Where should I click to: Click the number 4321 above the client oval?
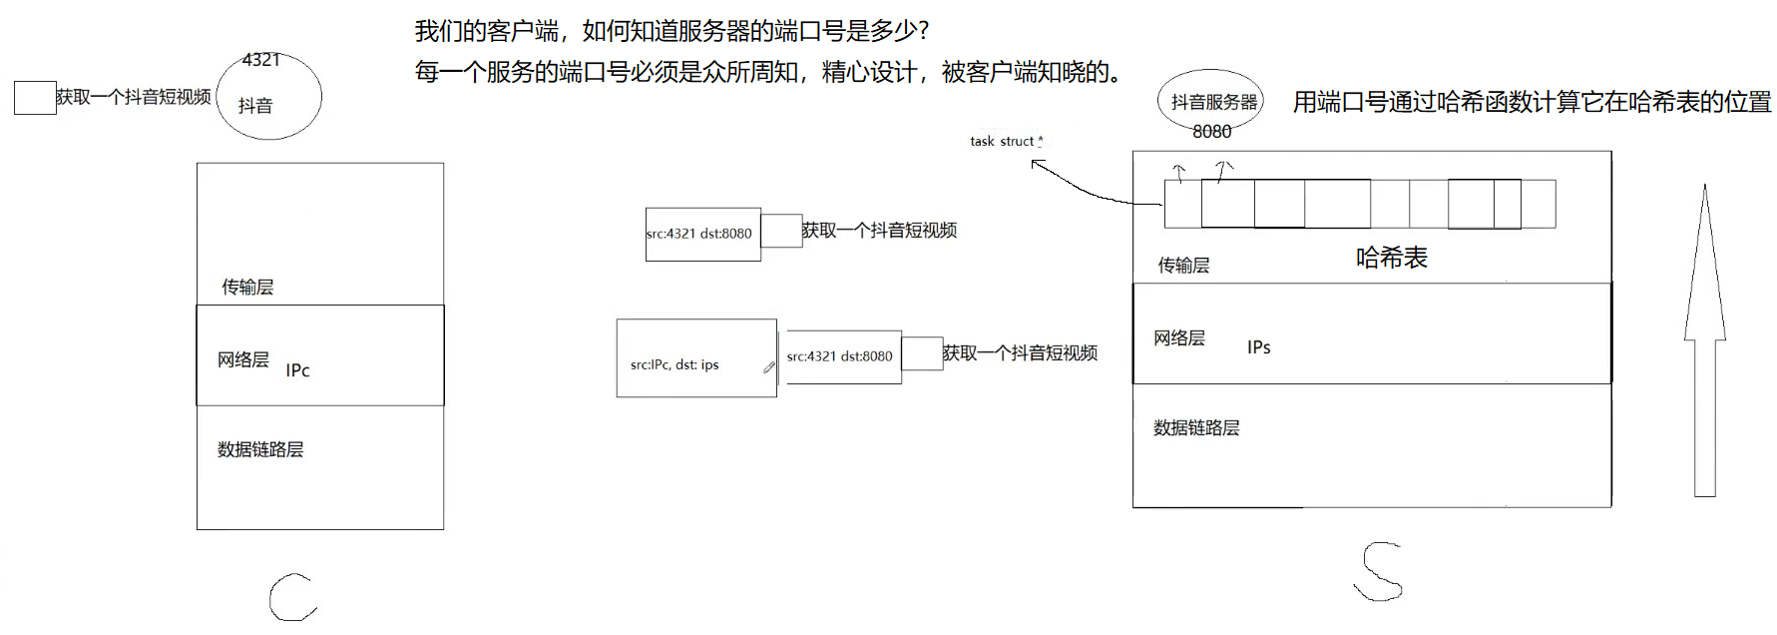261,60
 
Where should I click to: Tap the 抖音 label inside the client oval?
255,106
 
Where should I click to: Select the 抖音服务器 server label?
1214,102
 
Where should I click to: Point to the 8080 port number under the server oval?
1211,132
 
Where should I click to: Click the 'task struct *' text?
1006,142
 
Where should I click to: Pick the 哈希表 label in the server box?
1391,258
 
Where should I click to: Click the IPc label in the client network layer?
297,370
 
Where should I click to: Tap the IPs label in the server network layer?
1258,347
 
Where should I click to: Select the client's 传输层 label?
247,288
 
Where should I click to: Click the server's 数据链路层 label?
1196,428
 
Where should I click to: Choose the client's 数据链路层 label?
260,450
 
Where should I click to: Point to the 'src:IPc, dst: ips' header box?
695,358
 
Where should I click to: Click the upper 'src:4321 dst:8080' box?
702,234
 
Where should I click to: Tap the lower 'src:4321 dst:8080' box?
843,356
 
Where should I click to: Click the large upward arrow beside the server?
1704,339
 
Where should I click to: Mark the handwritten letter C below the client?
292,597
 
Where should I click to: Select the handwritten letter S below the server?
1379,572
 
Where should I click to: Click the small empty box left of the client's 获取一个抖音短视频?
35,98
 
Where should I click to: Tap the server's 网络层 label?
1179,338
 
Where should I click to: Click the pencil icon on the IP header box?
769,367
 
